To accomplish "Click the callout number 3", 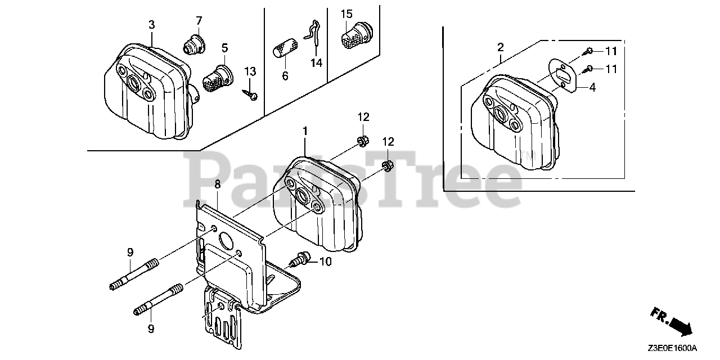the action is click(x=152, y=24).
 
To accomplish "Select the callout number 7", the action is click(x=199, y=20).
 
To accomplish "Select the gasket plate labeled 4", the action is click(x=562, y=75).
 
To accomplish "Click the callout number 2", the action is click(x=501, y=46).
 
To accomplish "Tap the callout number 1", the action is click(x=305, y=130).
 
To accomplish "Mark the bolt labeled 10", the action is click(x=300, y=260).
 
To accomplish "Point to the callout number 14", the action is click(x=317, y=62).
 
